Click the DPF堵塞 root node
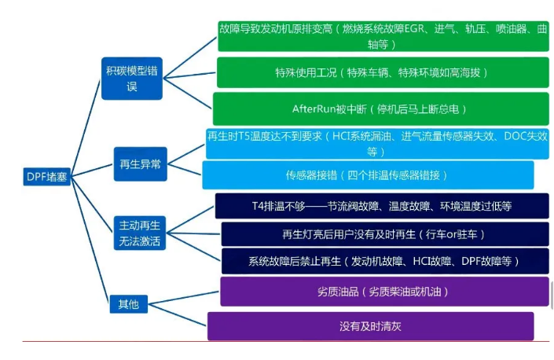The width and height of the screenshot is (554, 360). click(x=47, y=176)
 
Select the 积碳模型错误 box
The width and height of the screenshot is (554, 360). click(x=132, y=79)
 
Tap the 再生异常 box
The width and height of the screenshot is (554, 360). click(x=140, y=164)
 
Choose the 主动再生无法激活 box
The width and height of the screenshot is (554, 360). click(x=140, y=233)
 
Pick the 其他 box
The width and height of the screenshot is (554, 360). click(x=129, y=304)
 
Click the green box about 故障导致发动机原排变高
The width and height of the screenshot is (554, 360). click(x=383, y=36)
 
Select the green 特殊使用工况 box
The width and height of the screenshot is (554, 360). click(x=383, y=72)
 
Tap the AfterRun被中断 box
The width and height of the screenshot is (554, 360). click(x=381, y=108)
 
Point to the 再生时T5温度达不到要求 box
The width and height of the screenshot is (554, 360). click(x=377, y=144)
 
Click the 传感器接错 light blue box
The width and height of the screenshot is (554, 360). click(x=368, y=174)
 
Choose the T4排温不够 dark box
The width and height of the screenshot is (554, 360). click(x=382, y=206)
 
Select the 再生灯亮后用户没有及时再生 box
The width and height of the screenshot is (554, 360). click(x=385, y=234)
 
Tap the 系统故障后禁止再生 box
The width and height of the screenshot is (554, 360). click(x=385, y=261)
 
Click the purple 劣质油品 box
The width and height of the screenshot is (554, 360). click(x=384, y=292)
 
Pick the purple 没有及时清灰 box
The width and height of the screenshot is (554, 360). click(x=371, y=326)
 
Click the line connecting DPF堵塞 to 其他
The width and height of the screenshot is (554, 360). click(x=90, y=240)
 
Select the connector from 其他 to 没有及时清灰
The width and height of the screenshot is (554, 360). click(x=178, y=314)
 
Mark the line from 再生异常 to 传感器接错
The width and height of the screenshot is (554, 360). click(x=185, y=170)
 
